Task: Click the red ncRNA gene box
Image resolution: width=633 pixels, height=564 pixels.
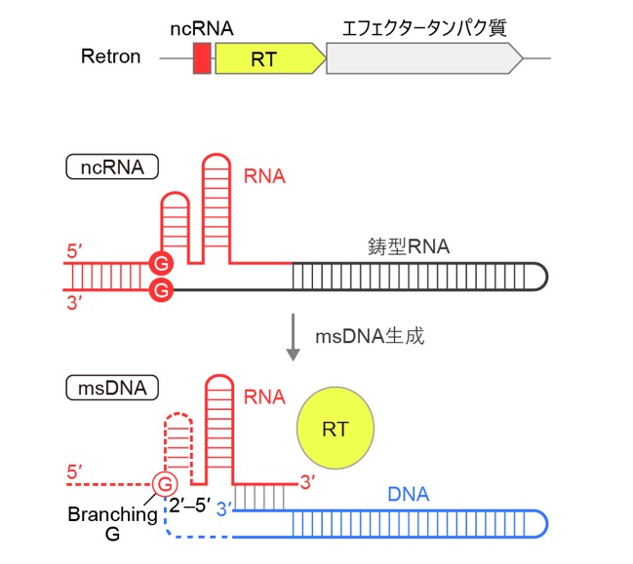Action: click(202, 58)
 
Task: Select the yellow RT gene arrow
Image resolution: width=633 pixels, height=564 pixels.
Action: click(270, 58)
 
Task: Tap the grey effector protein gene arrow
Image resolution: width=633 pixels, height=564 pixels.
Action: click(424, 58)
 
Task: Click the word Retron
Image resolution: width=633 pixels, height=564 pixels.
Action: click(110, 56)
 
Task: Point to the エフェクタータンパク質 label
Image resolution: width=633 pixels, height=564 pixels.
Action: click(424, 28)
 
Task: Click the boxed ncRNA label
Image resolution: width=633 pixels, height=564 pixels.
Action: click(112, 167)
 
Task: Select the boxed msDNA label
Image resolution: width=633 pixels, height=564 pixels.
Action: click(112, 388)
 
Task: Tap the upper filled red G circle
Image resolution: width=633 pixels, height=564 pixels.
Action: click(162, 264)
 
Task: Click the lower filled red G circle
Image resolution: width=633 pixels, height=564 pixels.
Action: click(162, 290)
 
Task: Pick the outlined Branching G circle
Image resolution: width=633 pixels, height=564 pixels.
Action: click(165, 484)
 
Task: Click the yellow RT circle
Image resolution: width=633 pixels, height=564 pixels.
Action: click(336, 429)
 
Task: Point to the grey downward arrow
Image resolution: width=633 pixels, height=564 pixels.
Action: click(293, 337)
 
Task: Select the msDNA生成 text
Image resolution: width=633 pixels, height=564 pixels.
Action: click(370, 336)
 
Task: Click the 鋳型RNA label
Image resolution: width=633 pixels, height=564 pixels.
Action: click(409, 246)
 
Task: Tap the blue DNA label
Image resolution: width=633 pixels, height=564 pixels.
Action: click(408, 494)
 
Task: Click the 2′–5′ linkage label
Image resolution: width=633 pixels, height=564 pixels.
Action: click(190, 506)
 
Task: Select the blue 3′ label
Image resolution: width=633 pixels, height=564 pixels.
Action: click(224, 509)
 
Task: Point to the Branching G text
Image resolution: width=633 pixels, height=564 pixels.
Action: click(112, 524)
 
